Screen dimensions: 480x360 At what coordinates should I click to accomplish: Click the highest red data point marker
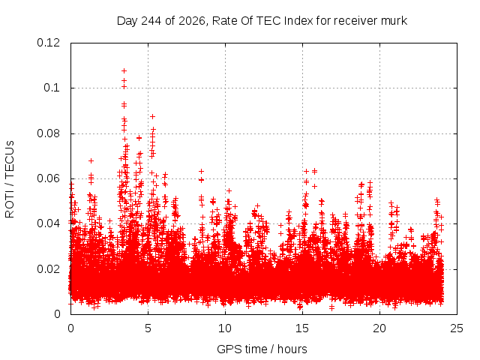(x=124, y=71)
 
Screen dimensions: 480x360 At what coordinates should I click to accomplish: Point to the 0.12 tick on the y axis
(x=48, y=43)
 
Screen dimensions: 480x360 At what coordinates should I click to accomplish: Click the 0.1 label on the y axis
(x=52, y=88)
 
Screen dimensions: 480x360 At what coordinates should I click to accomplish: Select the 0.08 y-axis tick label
(x=48, y=133)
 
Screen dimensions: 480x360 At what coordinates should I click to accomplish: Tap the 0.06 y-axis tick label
(x=48, y=178)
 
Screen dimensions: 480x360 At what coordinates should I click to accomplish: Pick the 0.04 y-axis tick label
(x=48, y=223)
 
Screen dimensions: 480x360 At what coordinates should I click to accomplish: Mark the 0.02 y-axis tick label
(x=48, y=269)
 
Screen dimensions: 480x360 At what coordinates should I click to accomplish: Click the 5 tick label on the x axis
(x=148, y=328)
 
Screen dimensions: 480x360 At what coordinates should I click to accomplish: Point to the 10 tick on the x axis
(x=225, y=328)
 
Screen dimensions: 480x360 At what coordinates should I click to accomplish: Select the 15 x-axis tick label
(x=302, y=328)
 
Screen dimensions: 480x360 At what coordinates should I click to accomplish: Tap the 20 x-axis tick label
(x=379, y=328)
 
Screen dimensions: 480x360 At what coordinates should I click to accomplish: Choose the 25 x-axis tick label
(x=457, y=328)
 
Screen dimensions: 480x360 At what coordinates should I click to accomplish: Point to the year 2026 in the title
(x=193, y=22)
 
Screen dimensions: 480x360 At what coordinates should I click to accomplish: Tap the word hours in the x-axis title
(x=292, y=349)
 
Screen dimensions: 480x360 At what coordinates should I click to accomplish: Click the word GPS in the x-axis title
(x=226, y=349)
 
